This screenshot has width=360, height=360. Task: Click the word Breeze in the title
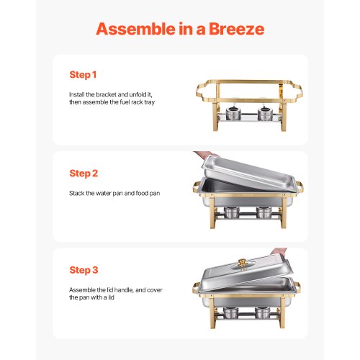tap(230, 29)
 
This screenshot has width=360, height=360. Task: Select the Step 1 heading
tap(84, 75)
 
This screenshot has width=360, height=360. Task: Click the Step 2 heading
tap(84, 174)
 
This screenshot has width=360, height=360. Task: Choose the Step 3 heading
tap(84, 271)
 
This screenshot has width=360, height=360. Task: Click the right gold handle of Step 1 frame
tap(297, 92)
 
